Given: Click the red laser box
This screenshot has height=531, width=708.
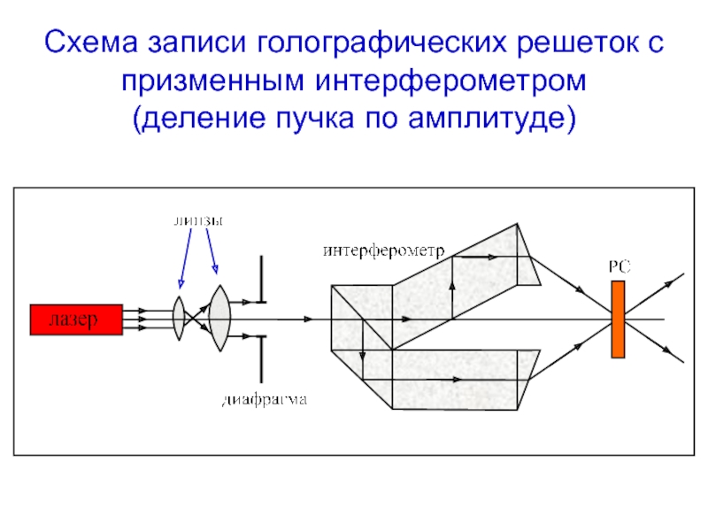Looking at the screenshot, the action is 76,319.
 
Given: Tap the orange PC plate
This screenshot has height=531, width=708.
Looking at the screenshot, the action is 618,319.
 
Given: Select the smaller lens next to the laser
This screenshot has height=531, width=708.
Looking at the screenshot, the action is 180,318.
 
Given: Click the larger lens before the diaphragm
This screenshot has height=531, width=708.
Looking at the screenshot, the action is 219,318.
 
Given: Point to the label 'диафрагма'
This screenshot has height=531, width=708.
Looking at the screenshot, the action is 265,400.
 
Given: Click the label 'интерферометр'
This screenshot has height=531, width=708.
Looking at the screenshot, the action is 384,250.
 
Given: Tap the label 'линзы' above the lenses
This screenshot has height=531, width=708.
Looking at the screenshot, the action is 198,221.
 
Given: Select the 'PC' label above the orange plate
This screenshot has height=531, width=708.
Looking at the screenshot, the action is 619,267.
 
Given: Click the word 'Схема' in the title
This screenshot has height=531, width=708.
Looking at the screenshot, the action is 91,42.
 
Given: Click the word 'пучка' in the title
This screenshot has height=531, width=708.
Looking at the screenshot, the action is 315,119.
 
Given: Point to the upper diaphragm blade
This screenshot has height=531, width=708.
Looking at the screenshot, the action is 261,280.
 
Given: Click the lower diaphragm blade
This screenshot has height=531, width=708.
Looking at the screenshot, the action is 261,359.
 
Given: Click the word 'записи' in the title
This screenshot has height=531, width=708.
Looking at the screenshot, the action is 196,42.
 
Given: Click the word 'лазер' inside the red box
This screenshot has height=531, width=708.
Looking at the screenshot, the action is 73,319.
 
